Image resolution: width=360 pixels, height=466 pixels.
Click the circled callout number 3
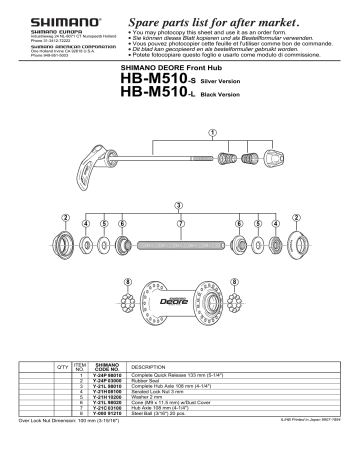point(179,204)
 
